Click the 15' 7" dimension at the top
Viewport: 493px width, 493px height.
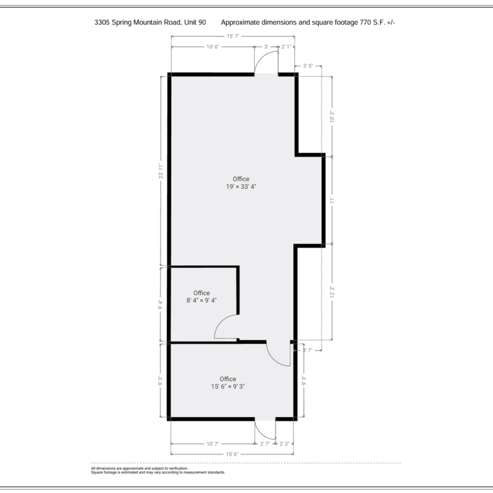(233, 36)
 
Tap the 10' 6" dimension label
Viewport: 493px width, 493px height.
(212, 47)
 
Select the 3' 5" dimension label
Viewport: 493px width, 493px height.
(308, 66)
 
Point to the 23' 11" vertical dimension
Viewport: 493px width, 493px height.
(161, 171)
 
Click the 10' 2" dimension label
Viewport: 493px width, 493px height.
(332, 116)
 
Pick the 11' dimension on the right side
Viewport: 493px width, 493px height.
(332, 200)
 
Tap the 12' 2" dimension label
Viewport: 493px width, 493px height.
(332, 291)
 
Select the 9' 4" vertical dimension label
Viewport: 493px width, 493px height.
(161, 305)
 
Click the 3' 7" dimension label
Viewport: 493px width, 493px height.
(307, 350)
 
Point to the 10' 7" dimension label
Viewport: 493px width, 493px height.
(212, 444)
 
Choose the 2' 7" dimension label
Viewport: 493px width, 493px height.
(265, 444)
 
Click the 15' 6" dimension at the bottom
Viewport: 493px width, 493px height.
(232, 454)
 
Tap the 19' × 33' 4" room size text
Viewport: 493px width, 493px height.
(241, 186)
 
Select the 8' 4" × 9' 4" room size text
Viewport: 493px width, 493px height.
(202, 300)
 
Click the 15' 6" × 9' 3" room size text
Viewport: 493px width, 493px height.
(228, 386)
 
